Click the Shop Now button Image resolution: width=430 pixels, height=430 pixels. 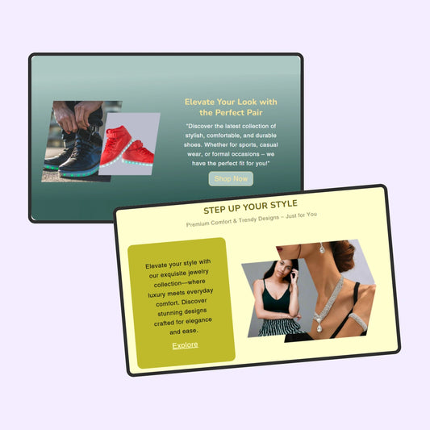[231, 179]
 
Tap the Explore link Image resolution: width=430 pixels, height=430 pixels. [185, 345]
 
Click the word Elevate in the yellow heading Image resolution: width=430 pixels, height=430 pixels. [199, 102]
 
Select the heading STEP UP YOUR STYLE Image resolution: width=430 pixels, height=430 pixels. [250, 207]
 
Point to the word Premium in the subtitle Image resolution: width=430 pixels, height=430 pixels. [198, 223]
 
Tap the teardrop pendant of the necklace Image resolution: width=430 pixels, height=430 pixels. [319, 327]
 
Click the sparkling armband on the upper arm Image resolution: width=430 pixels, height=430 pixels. [358, 321]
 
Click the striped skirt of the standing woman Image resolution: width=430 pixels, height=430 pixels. [279, 328]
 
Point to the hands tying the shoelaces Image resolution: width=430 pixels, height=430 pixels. [77, 115]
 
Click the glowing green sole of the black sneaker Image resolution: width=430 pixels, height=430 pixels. [79, 173]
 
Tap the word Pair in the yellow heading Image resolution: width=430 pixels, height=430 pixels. [255, 112]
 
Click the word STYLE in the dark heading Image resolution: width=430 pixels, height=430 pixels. [284, 204]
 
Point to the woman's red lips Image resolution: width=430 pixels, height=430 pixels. [280, 249]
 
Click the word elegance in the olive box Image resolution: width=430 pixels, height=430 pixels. [198, 320]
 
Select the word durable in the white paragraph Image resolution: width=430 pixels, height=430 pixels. [265, 136]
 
